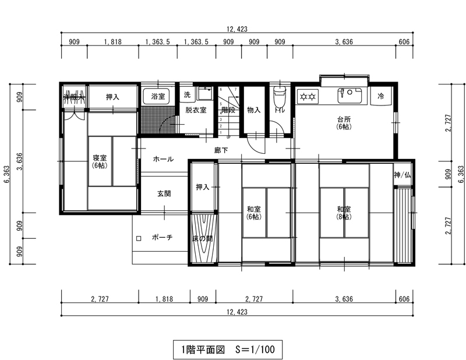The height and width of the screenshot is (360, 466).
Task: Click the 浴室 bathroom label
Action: click(x=158, y=96)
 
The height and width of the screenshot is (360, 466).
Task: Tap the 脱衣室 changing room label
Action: click(x=196, y=110)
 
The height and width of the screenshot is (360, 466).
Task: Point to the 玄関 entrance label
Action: click(x=164, y=193)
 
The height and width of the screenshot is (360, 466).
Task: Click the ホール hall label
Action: click(x=163, y=158)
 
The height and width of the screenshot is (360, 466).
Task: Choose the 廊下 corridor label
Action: click(x=221, y=150)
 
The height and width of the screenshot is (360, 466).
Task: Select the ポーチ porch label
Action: click(x=161, y=238)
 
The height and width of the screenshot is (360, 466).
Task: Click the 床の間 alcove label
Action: click(x=203, y=238)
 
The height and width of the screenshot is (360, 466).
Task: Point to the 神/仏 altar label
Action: click(x=402, y=175)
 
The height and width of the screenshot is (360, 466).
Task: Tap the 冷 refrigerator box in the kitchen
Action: click(x=381, y=96)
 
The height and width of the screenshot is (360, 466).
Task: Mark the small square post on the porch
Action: click(x=139, y=238)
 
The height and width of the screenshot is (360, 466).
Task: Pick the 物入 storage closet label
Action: click(x=253, y=110)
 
